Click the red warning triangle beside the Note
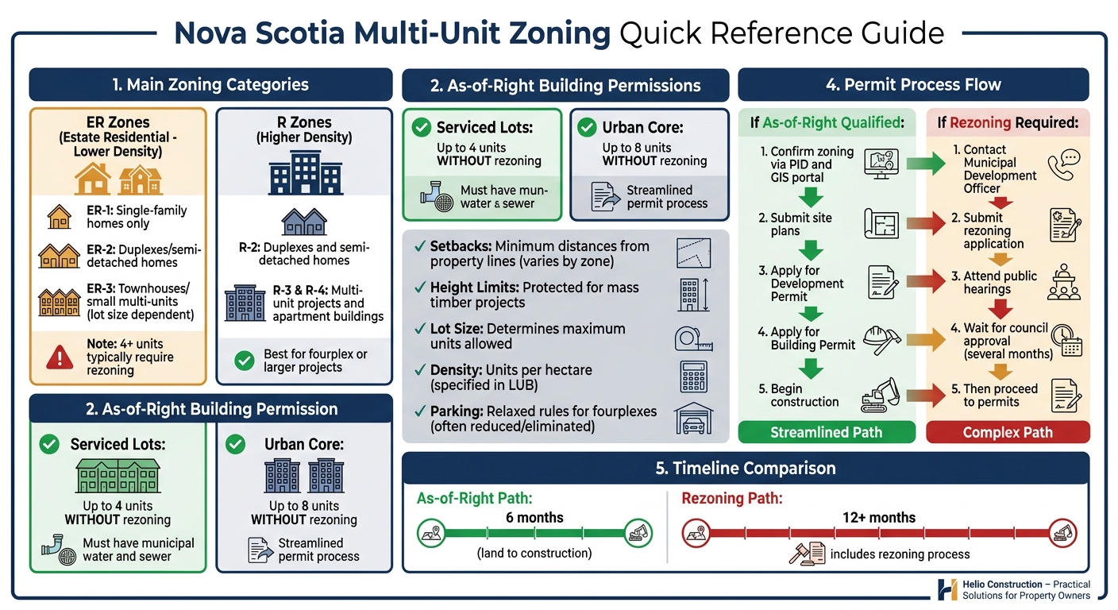tap(60, 357)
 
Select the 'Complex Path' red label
tap(1007, 432)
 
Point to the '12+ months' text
tap(879, 518)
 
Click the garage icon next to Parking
tap(693, 419)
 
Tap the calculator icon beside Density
tap(693, 376)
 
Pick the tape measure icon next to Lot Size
tap(693, 337)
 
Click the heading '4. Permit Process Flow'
tap(913, 85)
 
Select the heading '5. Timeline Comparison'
tap(746, 469)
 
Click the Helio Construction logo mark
tap(947, 589)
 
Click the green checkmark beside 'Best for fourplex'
tap(245, 361)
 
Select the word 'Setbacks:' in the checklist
tap(459, 246)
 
